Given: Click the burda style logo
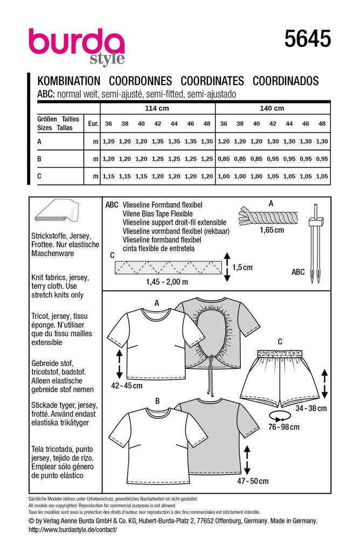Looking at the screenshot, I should (x=77, y=45).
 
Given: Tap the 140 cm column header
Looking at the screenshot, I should (x=272, y=108).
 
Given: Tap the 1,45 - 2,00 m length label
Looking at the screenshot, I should (x=168, y=281).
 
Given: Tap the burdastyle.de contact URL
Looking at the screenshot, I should (x=72, y=530).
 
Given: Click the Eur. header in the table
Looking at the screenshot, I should (x=92, y=123).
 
